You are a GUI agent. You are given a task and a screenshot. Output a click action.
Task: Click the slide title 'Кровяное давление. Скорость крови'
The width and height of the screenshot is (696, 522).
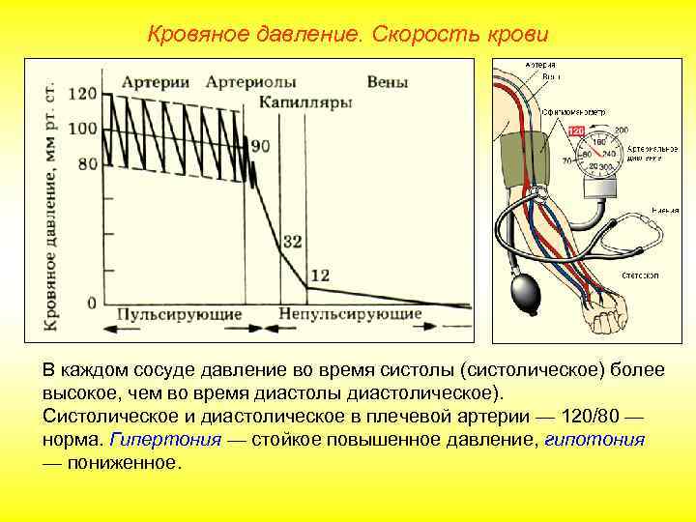click(348, 35)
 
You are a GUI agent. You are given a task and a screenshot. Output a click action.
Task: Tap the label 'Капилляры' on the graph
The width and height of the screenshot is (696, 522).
click(304, 102)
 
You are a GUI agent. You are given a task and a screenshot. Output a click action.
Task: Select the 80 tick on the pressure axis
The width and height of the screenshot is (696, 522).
click(87, 163)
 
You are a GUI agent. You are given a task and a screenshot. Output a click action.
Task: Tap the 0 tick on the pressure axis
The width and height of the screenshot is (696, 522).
click(91, 303)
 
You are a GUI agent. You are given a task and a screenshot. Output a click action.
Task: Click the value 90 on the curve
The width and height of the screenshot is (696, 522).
click(260, 146)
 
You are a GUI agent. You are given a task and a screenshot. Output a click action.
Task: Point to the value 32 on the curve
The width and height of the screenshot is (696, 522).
click(292, 241)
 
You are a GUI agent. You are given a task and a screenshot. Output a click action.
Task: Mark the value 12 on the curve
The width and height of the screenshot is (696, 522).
click(321, 275)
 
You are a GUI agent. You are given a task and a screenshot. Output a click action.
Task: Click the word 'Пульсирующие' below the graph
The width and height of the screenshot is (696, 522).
click(179, 315)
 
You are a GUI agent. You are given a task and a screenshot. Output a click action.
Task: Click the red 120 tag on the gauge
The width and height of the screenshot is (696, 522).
click(576, 130)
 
